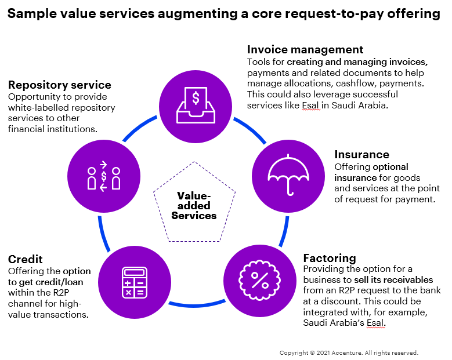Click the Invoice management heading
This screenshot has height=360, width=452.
click(x=305, y=50)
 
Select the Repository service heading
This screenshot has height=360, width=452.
click(x=60, y=85)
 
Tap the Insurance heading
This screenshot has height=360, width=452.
click(x=361, y=155)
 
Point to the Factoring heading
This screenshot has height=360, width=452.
click(x=330, y=258)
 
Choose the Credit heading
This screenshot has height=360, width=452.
click(x=26, y=259)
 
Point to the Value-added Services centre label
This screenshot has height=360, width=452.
click(x=194, y=206)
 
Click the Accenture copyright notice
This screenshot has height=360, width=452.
click(x=348, y=352)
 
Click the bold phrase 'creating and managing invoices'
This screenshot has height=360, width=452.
click(x=357, y=62)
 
